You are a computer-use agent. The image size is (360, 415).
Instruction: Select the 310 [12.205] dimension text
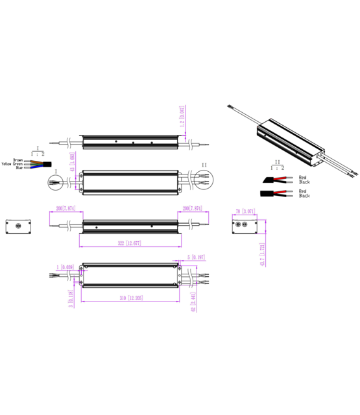click(x=130, y=298)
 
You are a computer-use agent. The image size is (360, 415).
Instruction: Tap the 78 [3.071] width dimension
click(x=245, y=211)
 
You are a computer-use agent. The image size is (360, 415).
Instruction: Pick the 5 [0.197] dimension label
click(x=196, y=257)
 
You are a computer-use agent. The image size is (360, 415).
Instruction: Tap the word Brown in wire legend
click(x=19, y=160)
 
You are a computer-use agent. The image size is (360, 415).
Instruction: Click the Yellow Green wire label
click(x=12, y=164)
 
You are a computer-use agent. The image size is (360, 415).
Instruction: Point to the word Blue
click(x=19, y=168)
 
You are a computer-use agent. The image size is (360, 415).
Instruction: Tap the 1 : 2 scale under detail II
click(x=278, y=167)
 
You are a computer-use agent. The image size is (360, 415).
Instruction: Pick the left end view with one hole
click(x=18, y=226)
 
